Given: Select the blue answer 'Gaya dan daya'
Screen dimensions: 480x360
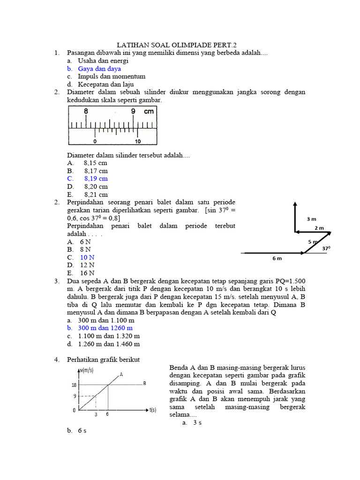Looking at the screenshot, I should pos(99,68).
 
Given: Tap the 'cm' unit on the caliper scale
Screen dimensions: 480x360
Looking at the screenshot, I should pos(149,112).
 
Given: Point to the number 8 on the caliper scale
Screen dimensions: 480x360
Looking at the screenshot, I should pos(86,112).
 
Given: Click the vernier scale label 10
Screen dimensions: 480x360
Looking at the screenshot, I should pos(138,141).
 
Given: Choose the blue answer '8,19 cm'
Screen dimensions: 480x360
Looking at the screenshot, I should pos(96,179).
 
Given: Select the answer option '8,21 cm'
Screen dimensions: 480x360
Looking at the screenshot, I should pos(96,194).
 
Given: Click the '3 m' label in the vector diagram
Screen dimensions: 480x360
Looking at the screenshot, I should pos(311,219).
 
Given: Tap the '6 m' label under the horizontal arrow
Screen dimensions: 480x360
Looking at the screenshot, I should pos(277,258).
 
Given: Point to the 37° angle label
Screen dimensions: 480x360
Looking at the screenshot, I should pos(326,248).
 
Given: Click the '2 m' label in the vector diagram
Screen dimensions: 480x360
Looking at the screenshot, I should pos(319,228).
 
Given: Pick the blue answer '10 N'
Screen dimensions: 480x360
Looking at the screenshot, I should pos(87,257).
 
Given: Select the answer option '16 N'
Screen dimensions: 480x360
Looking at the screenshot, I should pos(87,273).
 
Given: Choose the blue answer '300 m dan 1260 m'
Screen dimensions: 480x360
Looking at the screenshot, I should pos(105,328).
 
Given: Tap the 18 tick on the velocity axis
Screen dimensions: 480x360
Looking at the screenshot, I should pos(74,385).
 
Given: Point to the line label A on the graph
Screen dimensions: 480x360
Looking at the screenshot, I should pos(121,374).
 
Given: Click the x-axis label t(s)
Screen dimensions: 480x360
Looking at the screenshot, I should pos(153,410).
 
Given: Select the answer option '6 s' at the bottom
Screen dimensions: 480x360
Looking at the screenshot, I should pos(82,431).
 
